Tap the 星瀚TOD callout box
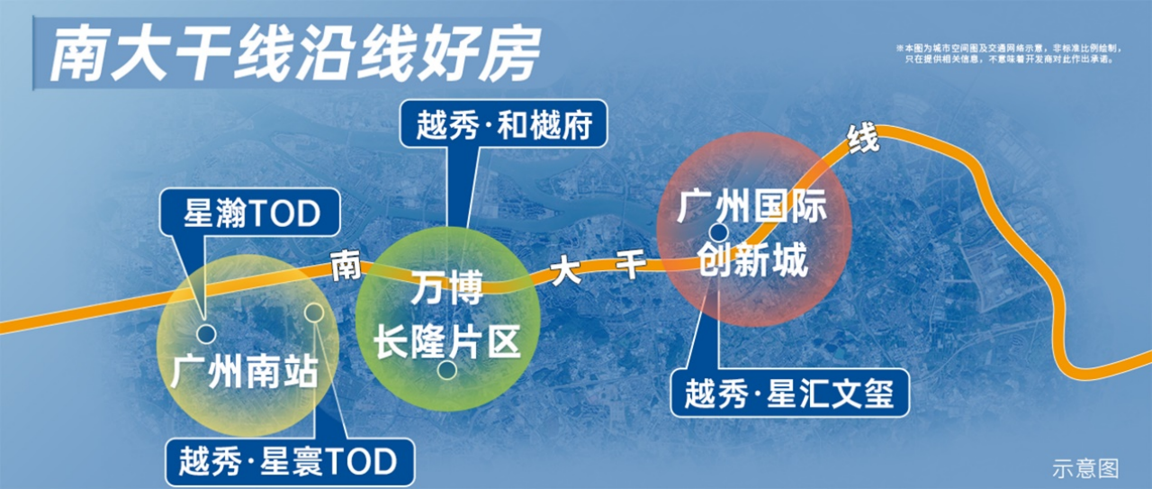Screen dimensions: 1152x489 pyautogui.click(x=250, y=213)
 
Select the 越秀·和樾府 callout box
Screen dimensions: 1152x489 pyautogui.click(x=503, y=124)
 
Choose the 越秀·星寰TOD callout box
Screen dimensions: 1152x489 pyautogui.click(x=290, y=461)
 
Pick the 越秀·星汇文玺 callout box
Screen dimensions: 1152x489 pyautogui.click(x=789, y=394)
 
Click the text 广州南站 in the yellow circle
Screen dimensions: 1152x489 pyautogui.click(x=244, y=372)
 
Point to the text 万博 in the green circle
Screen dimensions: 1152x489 pyautogui.click(x=447, y=288)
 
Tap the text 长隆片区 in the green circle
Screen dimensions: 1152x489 pyautogui.click(x=447, y=343)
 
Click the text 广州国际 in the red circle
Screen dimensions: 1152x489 pyautogui.click(x=751, y=206)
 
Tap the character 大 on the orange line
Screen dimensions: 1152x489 pyautogui.click(x=565, y=271)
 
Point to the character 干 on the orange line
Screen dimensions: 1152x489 pyautogui.click(x=631, y=264)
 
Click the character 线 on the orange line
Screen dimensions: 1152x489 pyautogui.click(x=863, y=138)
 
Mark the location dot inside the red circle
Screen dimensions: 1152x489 pyautogui.click(x=718, y=232)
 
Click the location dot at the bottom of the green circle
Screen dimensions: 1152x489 pyautogui.click(x=447, y=369)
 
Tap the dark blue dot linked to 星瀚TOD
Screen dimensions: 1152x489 pyautogui.click(x=206, y=334)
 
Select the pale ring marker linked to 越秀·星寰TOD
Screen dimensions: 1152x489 pyautogui.click(x=314, y=312)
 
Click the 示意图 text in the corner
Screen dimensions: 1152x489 pyautogui.click(x=1085, y=468)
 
